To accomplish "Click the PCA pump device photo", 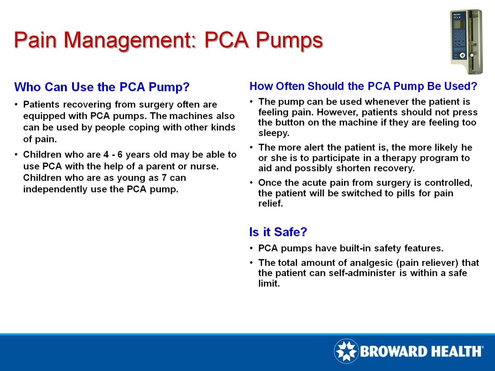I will (465, 41).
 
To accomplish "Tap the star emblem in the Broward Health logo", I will (346, 351).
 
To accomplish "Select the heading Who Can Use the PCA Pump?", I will (101, 87).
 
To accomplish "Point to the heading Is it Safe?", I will (278, 232).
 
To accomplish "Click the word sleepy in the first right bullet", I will (274, 133).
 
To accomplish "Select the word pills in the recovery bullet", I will (410, 193).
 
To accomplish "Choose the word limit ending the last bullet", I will (269, 284).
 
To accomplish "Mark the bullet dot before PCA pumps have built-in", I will (252, 249).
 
